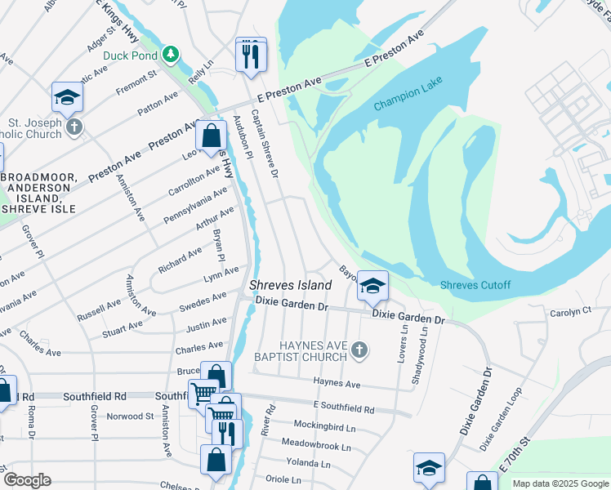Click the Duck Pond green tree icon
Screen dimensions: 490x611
[x=170, y=55]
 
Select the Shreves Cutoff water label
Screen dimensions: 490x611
[x=475, y=285]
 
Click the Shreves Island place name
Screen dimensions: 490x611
[x=290, y=285]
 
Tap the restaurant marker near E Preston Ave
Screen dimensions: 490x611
[x=251, y=56]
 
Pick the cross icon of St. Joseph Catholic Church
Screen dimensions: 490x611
[x=74, y=127]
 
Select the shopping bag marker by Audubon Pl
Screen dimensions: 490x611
[x=212, y=136]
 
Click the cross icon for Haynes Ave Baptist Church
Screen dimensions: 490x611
[x=358, y=351]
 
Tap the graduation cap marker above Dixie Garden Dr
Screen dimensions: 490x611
[x=372, y=287]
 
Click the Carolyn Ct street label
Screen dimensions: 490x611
[x=570, y=312]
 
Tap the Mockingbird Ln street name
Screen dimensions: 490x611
[x=325, y=427]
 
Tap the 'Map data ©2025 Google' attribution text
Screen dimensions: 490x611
[x=560, y=483]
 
